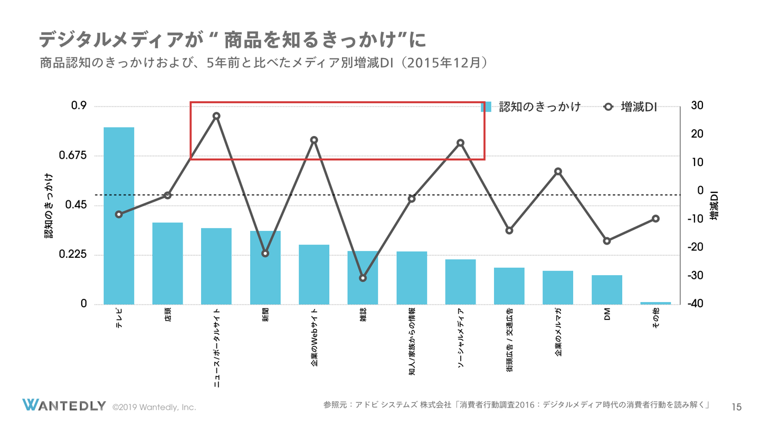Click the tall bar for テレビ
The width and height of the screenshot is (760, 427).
[x=119, y=216]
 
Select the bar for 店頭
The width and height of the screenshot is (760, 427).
[x=167, y=263]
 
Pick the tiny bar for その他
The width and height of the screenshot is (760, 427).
[x=655, y=303]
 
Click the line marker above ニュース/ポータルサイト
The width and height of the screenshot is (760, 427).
[x=216, y=116]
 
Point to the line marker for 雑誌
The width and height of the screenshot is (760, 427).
[x=363, y=278]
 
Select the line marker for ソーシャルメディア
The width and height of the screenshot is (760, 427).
[x=460, y=143]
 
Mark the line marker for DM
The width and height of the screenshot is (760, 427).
[x=607, y=241]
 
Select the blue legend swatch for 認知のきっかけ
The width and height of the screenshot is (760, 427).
[x=486, y=107]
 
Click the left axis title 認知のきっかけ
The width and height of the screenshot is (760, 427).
[x=49, y=206]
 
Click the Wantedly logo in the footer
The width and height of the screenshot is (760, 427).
[x=64, y=405]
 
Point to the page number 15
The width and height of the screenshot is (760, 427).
[x=737, y=406]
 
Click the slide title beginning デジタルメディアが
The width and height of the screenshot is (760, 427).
[x=232, y=40]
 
